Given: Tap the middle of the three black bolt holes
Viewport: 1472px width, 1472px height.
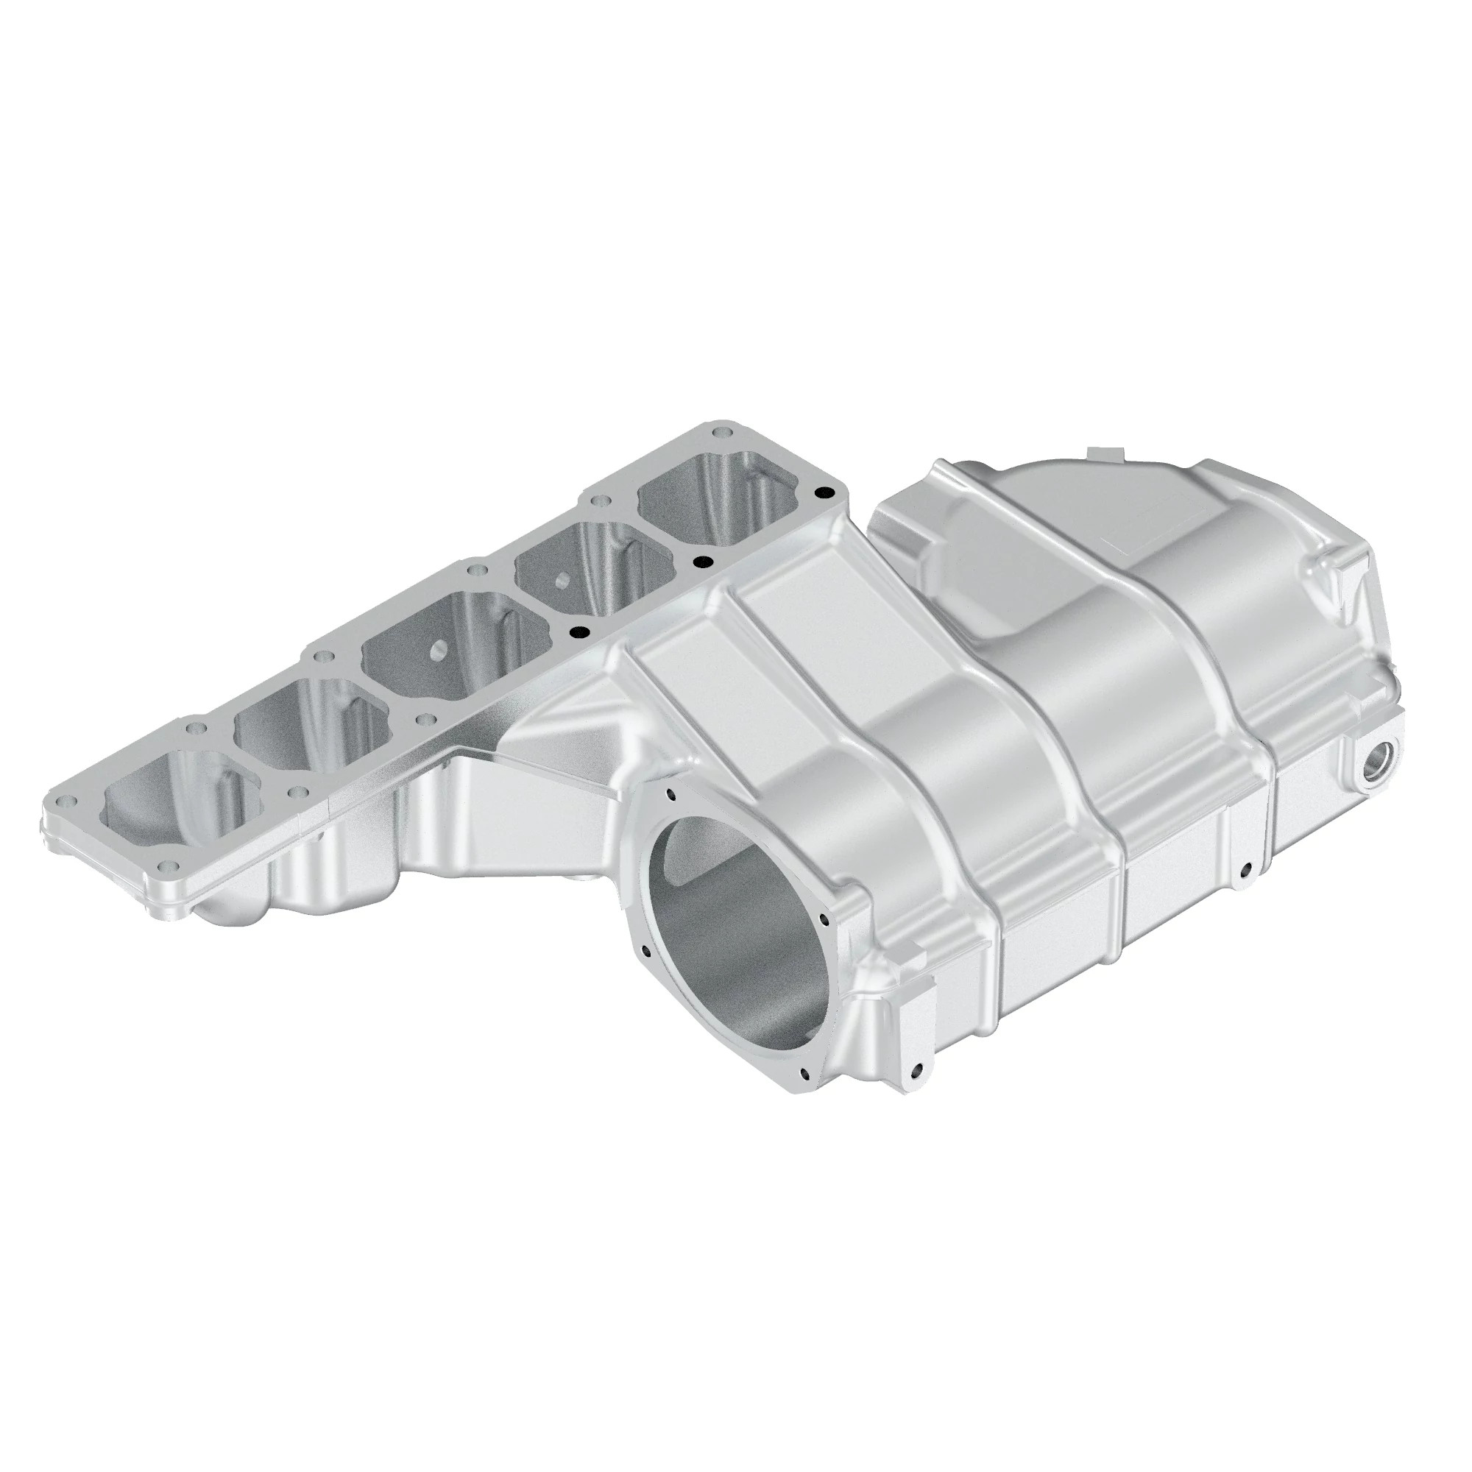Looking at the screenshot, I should (701, 562).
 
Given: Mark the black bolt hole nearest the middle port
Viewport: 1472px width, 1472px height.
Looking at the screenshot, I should (579, 631).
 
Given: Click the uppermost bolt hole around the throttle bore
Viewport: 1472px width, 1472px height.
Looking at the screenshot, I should (671, 796).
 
